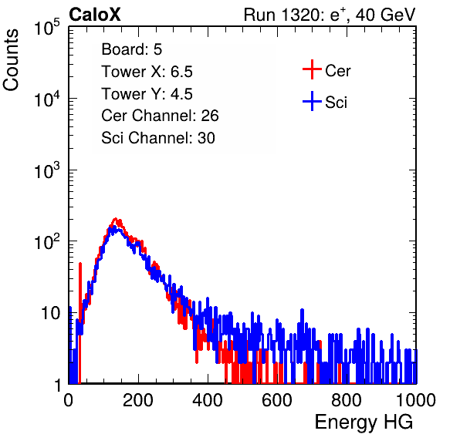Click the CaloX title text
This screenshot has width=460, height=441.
(94, 15)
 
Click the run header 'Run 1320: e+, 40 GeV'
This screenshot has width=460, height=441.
(330, 15)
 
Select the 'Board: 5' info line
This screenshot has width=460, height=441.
(131, 49)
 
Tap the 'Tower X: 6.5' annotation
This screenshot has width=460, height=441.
(147, 72)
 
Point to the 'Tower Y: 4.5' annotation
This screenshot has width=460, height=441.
(147, 94)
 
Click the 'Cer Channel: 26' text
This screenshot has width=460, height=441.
(160, 116)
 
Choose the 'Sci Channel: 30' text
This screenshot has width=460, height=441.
(157, 138)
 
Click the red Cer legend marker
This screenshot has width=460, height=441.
(312, 69)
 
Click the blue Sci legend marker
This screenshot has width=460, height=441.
(312, 101)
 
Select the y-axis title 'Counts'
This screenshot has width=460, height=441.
(11, 60)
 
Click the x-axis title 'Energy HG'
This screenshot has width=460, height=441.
(364, 422)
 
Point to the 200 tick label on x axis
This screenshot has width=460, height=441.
(138, 400)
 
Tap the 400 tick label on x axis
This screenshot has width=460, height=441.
(208, 400)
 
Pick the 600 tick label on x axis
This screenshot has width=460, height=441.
(277, 400)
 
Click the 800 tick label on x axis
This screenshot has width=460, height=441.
(347, 400)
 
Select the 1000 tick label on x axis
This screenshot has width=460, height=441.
(416, 400)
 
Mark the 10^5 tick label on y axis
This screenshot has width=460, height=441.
(47, 27)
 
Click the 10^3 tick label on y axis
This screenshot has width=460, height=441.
(47, 170)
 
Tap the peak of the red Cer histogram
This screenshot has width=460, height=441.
(116, 219)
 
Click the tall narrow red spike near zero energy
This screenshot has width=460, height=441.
(80, 293)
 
